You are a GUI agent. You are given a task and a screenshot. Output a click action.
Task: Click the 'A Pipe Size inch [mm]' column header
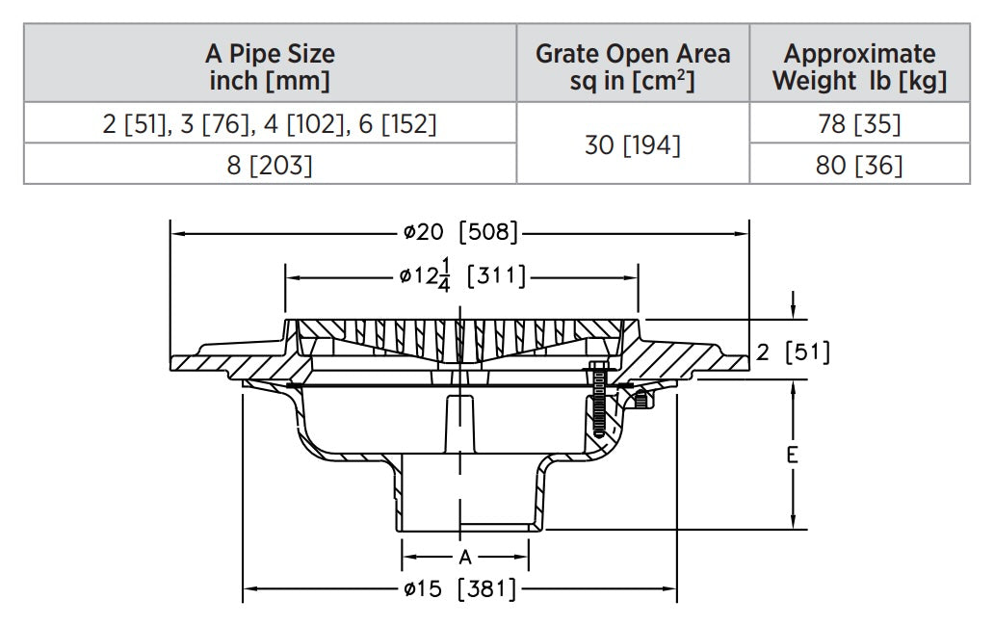270,66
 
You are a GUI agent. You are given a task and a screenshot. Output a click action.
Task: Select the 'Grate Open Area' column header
633,66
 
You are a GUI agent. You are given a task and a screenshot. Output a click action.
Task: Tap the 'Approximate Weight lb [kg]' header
859,66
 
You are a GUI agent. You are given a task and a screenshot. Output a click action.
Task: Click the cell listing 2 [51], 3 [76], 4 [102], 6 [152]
270,124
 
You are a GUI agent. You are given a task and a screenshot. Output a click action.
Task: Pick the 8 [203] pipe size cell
270,165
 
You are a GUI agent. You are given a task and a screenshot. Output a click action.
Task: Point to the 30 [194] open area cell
633,145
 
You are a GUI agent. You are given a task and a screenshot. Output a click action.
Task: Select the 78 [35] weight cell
859,124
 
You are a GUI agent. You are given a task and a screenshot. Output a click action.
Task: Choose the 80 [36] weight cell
859,165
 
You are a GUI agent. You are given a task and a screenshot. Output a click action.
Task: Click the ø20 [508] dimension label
460,232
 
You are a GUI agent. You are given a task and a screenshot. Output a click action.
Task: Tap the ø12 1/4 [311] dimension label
462,276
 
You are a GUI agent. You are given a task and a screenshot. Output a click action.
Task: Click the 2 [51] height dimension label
793,352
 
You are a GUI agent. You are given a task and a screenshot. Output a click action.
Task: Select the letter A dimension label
465,557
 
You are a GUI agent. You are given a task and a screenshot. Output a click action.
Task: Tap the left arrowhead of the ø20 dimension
176,232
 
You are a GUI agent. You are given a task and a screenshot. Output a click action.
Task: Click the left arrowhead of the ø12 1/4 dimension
290,276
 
